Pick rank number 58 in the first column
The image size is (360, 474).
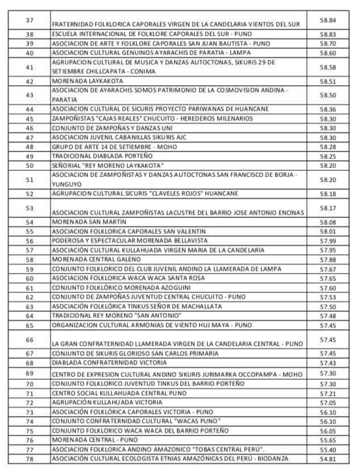(30, 259)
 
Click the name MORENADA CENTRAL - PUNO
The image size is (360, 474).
(86, 440)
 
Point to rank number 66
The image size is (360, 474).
(30, 339)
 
